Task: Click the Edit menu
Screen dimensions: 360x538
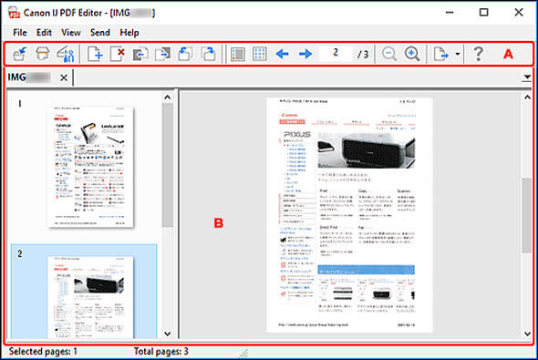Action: point(44,32)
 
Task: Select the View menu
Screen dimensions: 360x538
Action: point(70,32)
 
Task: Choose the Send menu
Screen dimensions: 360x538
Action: point(100,32)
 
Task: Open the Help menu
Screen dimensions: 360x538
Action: point(129,32)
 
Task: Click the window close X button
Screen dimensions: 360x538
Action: point(517,12)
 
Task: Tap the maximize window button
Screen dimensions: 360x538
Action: point(483,12)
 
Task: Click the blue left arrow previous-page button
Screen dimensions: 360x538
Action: point(283,54)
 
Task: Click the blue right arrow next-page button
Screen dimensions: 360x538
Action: point(305,54)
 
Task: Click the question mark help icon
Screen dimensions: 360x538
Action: point(477,54)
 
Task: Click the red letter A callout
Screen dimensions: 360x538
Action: point(509,54)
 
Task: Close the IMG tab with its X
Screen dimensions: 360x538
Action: point(63,78)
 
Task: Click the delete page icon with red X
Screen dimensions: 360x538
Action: point(119,54)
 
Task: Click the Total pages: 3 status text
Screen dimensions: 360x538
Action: point(161,351)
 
